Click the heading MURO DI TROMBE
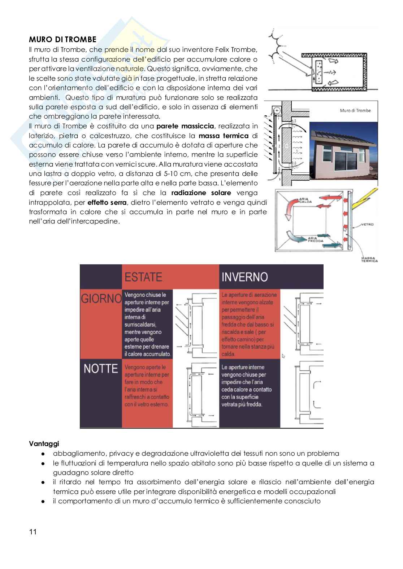click(62, 39)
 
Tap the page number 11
click(33, 532)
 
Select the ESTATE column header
click(143, 277)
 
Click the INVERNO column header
click(244, 277)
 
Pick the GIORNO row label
click(101, 299)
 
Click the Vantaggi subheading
click(44, 444)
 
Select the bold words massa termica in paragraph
click(224, 136)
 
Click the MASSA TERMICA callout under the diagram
click(369, 259)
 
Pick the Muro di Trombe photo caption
click(355, 110)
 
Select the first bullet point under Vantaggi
click(196, 454)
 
